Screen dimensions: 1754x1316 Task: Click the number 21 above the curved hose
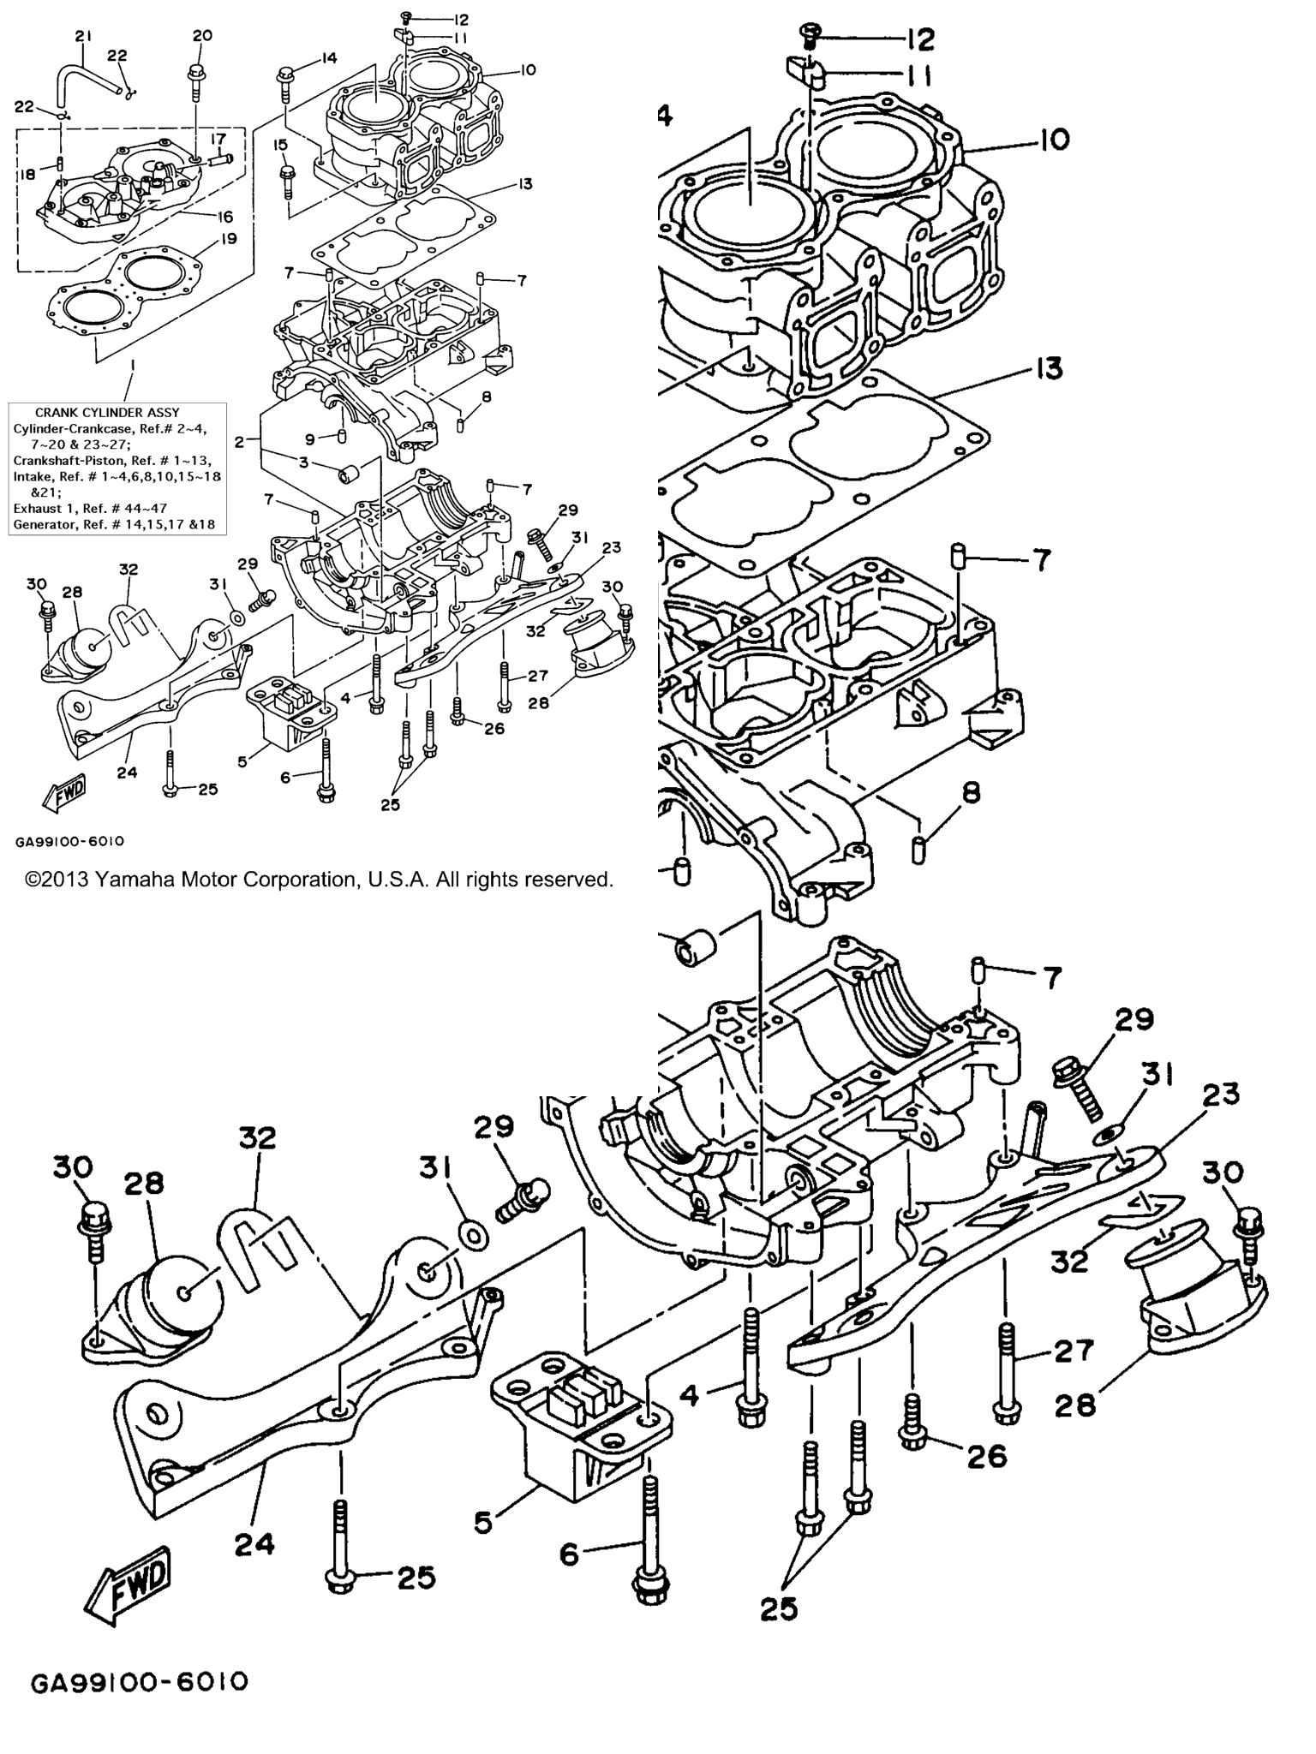pyautogui.click(x=82, y=36)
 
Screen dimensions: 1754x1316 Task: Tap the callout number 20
pyautogui.click(x=202, y=35)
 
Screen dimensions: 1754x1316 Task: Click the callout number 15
pyautogui.click(x=280, y=145)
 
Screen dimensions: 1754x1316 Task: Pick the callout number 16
pyautogui.click(x=224, y=218)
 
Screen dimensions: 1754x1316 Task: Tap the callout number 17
pyautogui.click(x=218, y=138)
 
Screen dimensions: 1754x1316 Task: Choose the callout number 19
pyautogui.click(x=230, y=238)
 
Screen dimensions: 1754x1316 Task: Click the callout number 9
pyautogui.click(x=311, y=439)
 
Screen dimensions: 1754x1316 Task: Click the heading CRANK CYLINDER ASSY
pyautogui.click(x=107, y=413)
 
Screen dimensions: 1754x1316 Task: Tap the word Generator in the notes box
pyautogui.click(x=39, y=524)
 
